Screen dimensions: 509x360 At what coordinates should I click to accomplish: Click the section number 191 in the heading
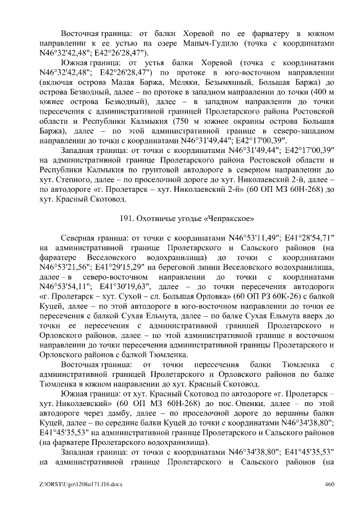[x=128, y=217]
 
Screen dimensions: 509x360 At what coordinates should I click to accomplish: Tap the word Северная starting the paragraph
[x=82, y=237]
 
